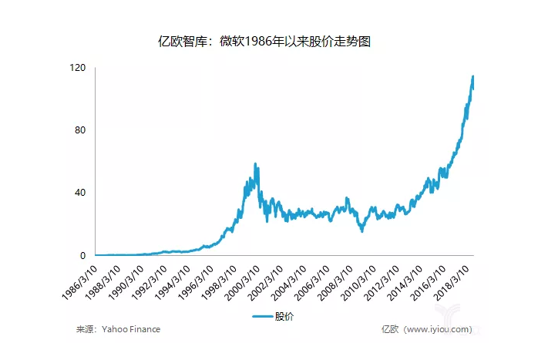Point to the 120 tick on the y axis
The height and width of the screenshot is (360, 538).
tap(77, 68)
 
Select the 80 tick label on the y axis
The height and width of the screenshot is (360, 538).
tap(80, 130)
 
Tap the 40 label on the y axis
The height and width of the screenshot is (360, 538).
tap(80, 193)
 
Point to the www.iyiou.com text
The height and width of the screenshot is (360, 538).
tap(437, 329)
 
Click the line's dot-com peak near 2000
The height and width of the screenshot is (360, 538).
tap(255, 164)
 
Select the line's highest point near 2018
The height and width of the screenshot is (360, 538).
tap(472, 76)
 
